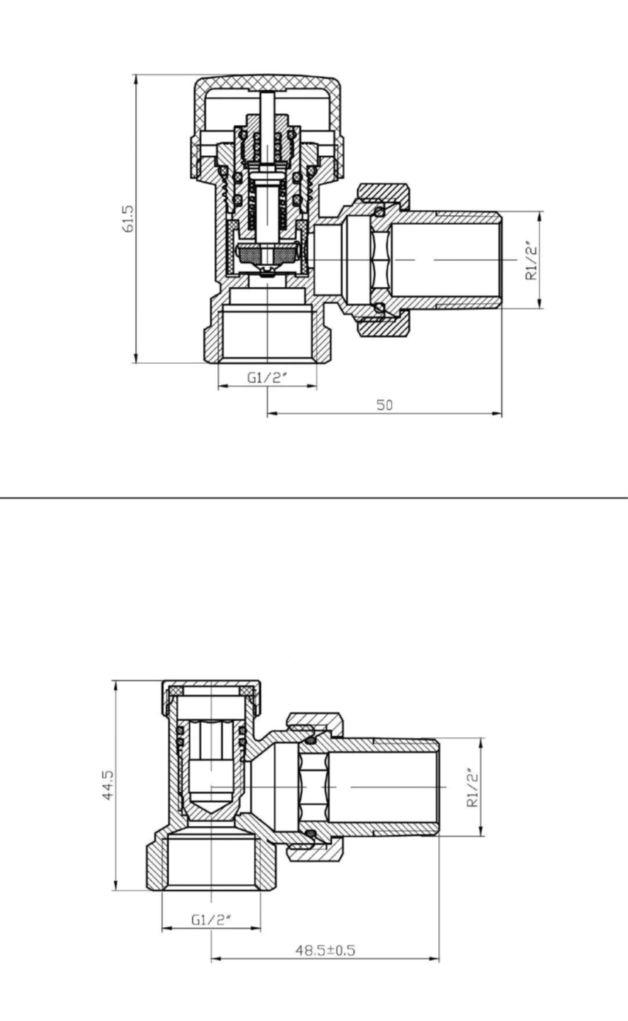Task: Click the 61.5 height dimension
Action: point(129,219)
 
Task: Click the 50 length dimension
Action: point(384,404)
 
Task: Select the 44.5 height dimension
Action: point(109,785)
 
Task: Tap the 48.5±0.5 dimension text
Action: point(325,950)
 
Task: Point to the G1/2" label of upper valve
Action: point(267,377)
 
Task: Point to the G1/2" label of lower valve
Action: point(211,920)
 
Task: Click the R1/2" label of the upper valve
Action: point(531,260)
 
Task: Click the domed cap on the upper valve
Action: point(267,84)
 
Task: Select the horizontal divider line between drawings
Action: point(314,498)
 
